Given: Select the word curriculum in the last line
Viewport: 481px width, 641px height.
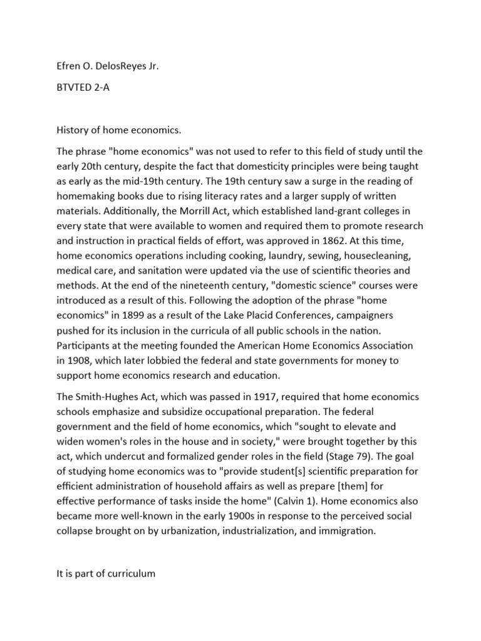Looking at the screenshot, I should tap(125, 573).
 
